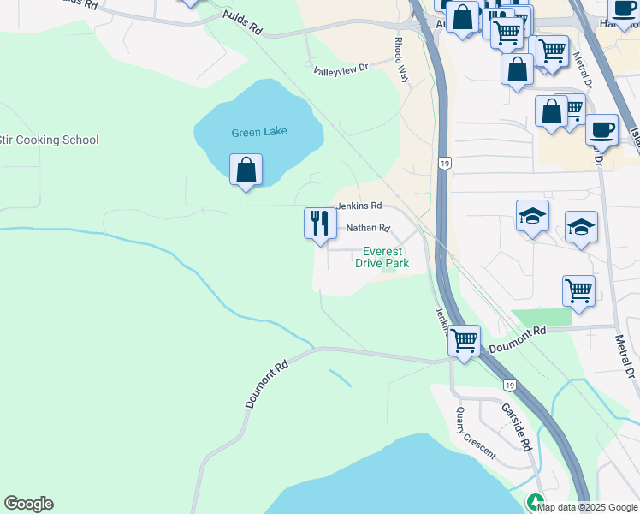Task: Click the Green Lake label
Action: coord(258,132)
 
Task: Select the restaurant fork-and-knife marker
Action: coord(320,224)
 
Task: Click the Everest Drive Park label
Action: coord(382,257)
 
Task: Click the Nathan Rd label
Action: coord(368,229)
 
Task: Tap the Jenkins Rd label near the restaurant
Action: coord(359,206)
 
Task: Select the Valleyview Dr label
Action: coord(340,69)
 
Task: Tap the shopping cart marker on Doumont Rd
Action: coord(464,340)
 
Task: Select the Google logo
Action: coord(28,504)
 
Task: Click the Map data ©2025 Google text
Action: coord(587,506)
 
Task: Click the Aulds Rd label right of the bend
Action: coord(241,22)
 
